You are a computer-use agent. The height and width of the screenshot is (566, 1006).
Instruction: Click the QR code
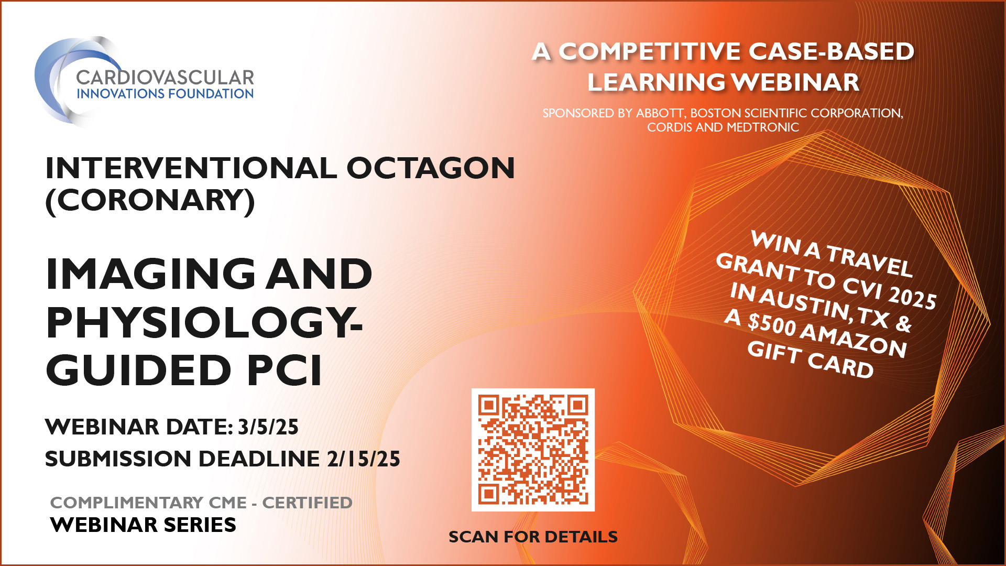click(x=533, y=450)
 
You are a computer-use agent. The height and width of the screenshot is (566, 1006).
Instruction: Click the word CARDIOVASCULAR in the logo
click(x=165, y=78)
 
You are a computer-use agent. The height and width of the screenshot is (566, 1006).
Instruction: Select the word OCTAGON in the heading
click(x=430, y=168)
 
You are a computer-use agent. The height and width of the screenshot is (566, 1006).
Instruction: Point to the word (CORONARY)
click(x=150, y=200)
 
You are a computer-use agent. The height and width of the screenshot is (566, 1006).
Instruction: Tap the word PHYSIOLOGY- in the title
click(x=204, y=322)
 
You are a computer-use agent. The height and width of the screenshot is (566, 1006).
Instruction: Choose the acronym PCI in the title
click(x=285, y=370)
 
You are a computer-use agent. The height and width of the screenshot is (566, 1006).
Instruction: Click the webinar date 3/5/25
click(x=268, y=427)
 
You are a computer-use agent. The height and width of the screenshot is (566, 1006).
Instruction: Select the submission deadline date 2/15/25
click(x=364, y=459)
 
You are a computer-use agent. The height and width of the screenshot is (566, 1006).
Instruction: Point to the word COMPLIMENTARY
click(x=126, y=503)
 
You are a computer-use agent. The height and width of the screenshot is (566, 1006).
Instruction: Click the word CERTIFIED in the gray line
click(x=307, y=503)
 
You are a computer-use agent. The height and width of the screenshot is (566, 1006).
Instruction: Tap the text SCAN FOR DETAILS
click(x=533, y=537)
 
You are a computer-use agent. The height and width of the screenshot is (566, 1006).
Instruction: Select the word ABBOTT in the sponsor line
click(x=659, y=113)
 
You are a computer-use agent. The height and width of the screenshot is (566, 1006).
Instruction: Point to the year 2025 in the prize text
click(x=912, y=297)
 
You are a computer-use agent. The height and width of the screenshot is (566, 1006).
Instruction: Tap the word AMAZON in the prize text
click(x=854, y=340)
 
